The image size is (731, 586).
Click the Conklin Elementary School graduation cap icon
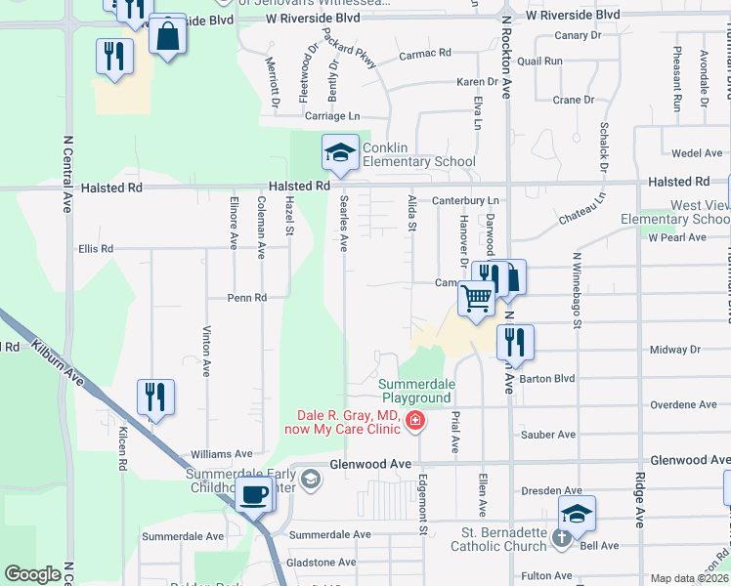(340, 152)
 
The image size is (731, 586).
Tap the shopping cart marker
(476, 298)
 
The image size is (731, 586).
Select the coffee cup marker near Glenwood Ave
(255, 493)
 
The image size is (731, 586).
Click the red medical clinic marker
(415, 422)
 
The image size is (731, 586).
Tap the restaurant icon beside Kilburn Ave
(155, 398)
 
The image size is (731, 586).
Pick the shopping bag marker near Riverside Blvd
(168, 36)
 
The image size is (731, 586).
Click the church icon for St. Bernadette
(561, 536)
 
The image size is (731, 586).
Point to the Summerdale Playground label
(415, 391)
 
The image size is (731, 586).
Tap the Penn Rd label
(247, 298)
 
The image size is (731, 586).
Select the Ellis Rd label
(96, 249)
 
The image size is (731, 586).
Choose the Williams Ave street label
(221, 454)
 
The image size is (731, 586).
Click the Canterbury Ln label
(466, 201)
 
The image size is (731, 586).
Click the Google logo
(32, 574)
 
